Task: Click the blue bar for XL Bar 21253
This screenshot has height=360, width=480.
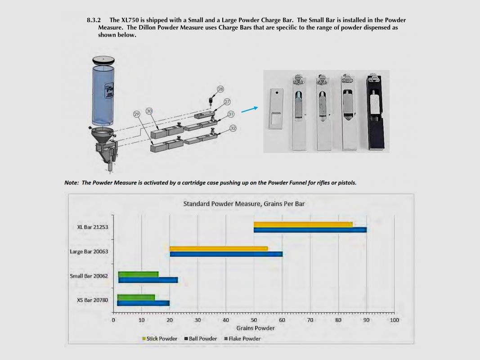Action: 310,230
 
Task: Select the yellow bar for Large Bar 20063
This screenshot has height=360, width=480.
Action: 219,248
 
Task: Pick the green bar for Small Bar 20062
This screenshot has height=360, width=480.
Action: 139,274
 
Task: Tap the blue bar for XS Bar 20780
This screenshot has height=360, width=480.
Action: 143,303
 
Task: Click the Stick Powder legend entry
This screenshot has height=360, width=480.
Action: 160,338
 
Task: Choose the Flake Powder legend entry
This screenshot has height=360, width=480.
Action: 242,338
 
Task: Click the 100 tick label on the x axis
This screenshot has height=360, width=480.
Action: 394,320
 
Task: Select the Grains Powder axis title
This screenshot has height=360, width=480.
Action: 256,328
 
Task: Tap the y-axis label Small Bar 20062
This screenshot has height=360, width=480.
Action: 89,276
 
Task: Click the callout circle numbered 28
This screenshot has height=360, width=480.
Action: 220,89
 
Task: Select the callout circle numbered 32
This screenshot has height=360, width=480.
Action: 233,128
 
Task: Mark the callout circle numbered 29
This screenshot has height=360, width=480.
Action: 136,114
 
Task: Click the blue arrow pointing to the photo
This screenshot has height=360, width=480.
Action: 250,110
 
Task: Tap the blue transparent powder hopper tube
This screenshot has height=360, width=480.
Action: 103,95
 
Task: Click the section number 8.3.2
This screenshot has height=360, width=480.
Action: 94,20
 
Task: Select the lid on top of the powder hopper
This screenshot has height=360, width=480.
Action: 103,60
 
